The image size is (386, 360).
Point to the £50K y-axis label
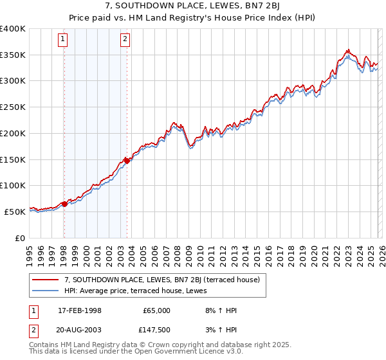[15, 212]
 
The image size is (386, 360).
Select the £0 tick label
[20, 238]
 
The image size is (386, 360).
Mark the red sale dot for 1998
[64, 204]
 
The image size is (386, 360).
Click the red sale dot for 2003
[127, 161]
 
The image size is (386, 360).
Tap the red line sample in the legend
[45, 280]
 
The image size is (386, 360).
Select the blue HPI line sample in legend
[45, 291]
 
